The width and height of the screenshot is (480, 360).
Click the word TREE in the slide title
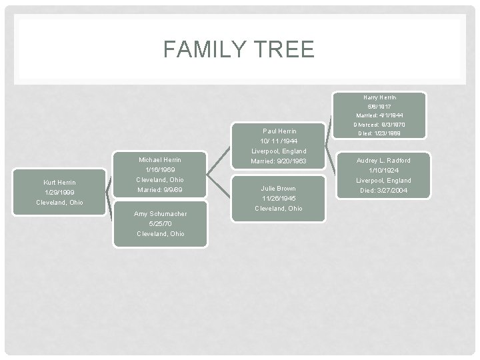[x=285, y=49]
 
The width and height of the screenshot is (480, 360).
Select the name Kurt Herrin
[x=59, y=182]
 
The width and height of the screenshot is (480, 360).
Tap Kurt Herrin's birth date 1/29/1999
[x=59, y=192]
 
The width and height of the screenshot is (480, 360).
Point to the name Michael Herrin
[x=159, y=160]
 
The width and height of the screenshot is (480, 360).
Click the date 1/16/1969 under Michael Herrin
[x=159, y=170]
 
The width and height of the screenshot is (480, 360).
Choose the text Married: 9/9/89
[x=159, y=190]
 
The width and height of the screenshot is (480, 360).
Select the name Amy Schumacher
[x=160, y=214]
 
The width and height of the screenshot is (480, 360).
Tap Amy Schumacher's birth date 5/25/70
[x=160, y=224]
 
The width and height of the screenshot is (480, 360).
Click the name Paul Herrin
[x=279, y=131]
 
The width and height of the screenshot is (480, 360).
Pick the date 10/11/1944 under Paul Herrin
[x=279, y=141]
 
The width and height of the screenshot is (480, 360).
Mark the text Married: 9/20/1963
[x=279, y=161]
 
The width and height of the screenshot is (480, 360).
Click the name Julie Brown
[x=279, y=189]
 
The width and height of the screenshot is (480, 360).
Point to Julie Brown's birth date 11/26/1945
[x=279, y=199]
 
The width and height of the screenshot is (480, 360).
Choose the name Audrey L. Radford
[x=384, y=161]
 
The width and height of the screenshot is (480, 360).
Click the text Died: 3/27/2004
[x=384, y=191]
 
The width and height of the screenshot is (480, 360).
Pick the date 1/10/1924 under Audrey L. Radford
[x=384, y=171]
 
